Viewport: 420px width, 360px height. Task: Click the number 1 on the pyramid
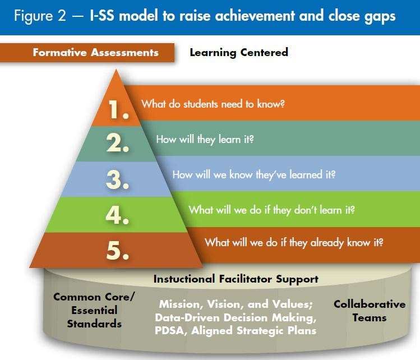click(x=118, y=109)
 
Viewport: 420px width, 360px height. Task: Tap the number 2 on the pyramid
click(x=118, y=143)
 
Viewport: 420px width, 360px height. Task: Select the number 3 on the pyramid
click(x=118, y=179)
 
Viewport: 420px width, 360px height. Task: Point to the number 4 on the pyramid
click(x=117, y=215)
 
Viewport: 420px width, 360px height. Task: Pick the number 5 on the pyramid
click(x=118, y=250)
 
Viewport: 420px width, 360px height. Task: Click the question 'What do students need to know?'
click(x=213, y=104)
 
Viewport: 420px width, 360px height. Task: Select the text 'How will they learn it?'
click(x=205, y=140)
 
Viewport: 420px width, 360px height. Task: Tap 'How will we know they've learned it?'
click(x=254, y=175)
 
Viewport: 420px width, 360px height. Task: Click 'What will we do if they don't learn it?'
click(x=271, y=210)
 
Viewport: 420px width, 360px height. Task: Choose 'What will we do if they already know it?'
click(x=294, y=243)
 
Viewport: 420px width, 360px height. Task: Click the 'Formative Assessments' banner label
click(x=96, y=53)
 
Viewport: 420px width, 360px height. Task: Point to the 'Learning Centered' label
click(x=239, y=53)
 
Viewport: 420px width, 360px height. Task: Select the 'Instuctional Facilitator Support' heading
click(x=236, y=279)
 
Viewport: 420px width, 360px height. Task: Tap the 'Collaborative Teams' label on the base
click(x=370, y=311)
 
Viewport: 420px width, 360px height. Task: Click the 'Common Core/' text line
click(x=94, y=297)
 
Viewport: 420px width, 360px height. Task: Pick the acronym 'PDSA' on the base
click(x=170, y=330)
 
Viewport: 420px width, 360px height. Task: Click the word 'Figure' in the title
click(x=34, y=16)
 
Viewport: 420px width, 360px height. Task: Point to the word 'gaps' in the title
click(x=380, y=17)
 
